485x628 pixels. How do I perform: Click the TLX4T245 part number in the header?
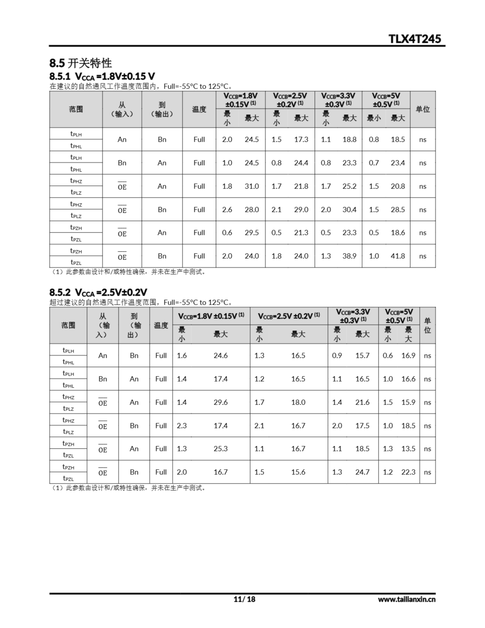pyautogui.click(x=414, y=39)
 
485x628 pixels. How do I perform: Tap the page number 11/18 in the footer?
pyautogui.click(x=244, y=599)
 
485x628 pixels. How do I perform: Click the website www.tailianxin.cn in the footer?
pyautogui.click(x=407, y=599)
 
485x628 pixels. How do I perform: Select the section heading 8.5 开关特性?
pyautogui.click(x=80, y=63)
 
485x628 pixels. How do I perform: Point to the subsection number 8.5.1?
pyautogui.click(x=60, y=76)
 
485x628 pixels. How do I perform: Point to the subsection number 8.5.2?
pyautogui.click(x=60, y=292)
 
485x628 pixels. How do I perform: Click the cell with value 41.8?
pyautogui.click(x=398, y=256)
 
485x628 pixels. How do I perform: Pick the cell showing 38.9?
pyautogui.click(x=349, y=256)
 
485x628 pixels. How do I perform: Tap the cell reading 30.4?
pyautogui.click(x=349, y=210)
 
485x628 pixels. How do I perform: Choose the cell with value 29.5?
pyautogui.click(x=252, y=233)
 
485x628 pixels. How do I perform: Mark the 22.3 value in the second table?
pyautogui.click(x=408, y=472)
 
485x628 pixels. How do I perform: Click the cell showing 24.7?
pyautogui.click(x=362, y=472)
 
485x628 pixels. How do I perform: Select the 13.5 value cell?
pyautogui.click(x=408, y=449)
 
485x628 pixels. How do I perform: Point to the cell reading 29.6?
pyautogui.click(x=220, y=402)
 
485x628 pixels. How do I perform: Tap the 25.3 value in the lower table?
pyautogui.click(x=220, y=449)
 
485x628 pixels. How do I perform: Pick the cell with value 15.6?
pyautogui.click(x=298, y=472)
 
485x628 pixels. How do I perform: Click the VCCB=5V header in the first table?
pyautogui.click(x=386, y=100)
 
